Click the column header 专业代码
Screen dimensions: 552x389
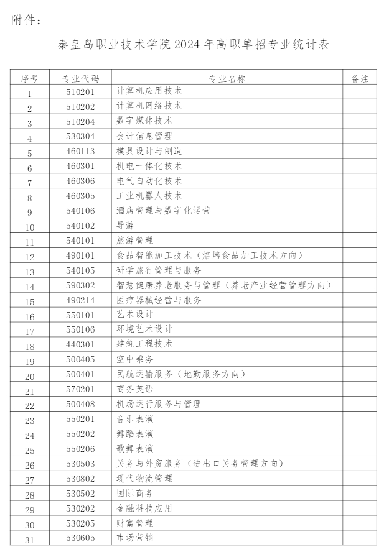[80, 78]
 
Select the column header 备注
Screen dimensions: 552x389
[360, 78]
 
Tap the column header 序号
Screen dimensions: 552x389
[29, 78]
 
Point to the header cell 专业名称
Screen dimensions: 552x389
[227, 78]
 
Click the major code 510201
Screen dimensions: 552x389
[80, 91]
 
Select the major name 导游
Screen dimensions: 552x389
[124, 226]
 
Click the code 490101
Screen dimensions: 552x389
[80, 255]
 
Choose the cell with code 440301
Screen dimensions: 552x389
[80, 344]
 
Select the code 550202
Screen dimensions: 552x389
[80, 434]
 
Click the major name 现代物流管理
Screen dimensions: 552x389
[144, 479]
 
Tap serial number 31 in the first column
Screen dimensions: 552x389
[29, 540]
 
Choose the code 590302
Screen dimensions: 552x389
[80, 285]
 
